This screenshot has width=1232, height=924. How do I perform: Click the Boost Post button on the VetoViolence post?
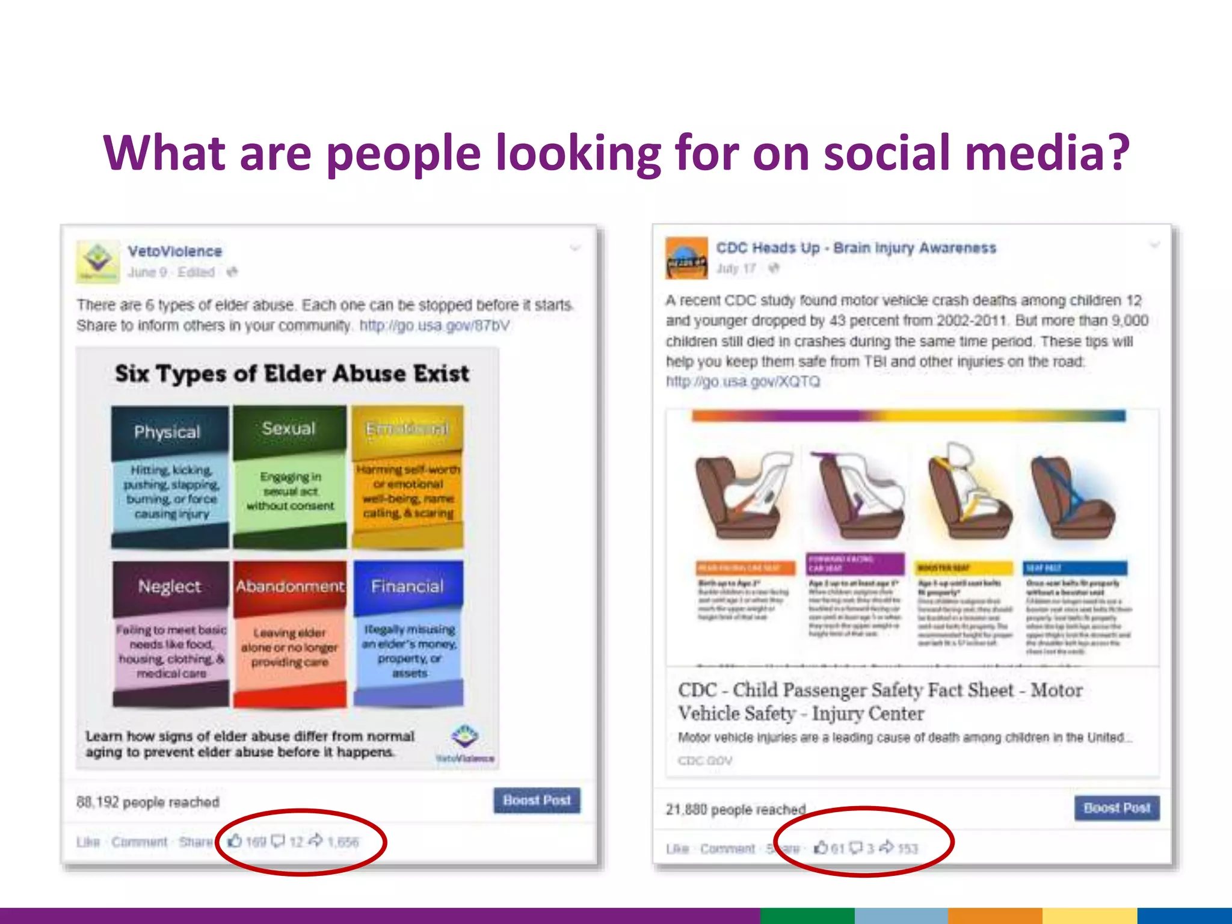click(x=537, y=800)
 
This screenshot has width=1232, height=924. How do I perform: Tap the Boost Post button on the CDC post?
click(x=1116, y=808)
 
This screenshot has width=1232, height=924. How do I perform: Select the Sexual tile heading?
click(x=289, y=428)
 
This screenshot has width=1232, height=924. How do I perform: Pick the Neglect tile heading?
click(x=170, y=586)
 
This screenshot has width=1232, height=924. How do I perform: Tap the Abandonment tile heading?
click(x=290, y=586)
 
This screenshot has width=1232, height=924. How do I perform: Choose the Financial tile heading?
click(x=407, y=586)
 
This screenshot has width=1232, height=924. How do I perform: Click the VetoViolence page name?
click(x=174, y=251)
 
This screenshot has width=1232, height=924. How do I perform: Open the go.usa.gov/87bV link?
click(x=434, y=325)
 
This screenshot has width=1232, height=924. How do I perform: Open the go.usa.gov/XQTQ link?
click(x=742, y=382)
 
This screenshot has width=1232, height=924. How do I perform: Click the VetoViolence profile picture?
click(x=97, y=262)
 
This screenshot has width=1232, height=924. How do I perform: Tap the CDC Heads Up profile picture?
click(x=686, y=257)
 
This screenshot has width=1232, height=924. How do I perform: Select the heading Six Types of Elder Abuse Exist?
click(x=292, y=374)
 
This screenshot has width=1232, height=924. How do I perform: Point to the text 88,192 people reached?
click(x=148, y=802)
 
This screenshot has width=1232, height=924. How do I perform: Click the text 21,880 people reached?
click(x=735, y=809)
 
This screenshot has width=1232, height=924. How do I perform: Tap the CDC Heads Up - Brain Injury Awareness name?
click(x=855, y=248)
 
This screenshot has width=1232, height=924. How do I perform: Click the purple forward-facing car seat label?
click(x=855, y=564)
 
